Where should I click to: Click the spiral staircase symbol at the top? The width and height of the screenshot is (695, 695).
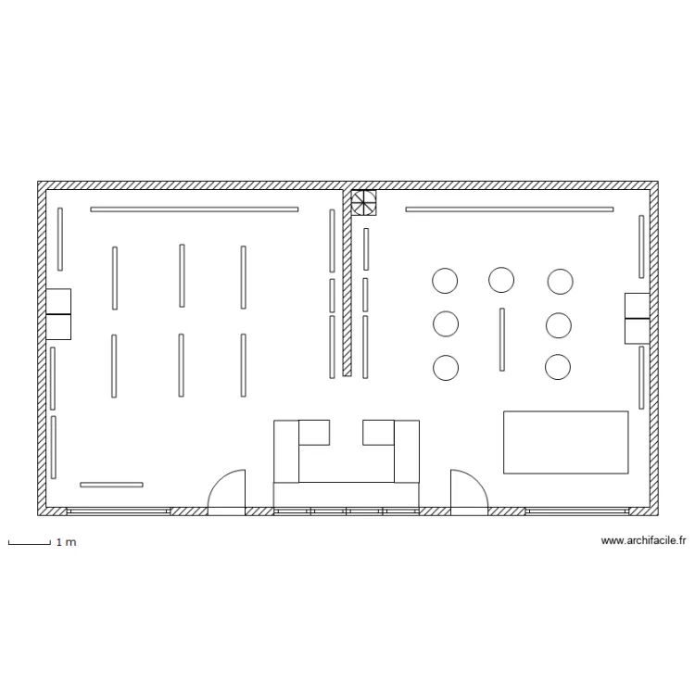click(363, 203)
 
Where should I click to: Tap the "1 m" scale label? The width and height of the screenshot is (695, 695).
click(66, 542)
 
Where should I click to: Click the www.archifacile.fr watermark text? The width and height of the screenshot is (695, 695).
click(644, 540)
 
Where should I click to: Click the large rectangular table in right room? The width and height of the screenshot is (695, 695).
click(565, 442)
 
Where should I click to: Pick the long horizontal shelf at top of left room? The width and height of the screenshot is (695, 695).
click(195, 209)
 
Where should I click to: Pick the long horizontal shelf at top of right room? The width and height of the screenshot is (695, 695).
click(510, 209)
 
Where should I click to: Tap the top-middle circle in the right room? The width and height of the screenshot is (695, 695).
click(501, 280)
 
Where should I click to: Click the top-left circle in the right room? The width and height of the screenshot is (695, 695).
click(445, 281)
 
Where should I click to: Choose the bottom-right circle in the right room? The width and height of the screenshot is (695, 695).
click(558, 367)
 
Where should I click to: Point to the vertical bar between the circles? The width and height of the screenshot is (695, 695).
click(501, 339)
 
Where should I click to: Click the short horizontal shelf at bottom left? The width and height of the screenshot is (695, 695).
click(111, 485)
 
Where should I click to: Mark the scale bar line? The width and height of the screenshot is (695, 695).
click(30, 543)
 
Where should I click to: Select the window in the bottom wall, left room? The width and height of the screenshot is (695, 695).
click(119, 511)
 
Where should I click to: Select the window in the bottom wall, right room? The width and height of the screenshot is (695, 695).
click(577, 511)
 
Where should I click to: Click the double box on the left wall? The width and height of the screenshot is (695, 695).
click(58, 314)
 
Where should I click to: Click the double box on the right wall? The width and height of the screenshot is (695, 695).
click(637, 318)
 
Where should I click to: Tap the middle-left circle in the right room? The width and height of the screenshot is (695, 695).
click(446, 323)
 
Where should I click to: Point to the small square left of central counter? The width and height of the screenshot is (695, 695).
click(314, 433)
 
